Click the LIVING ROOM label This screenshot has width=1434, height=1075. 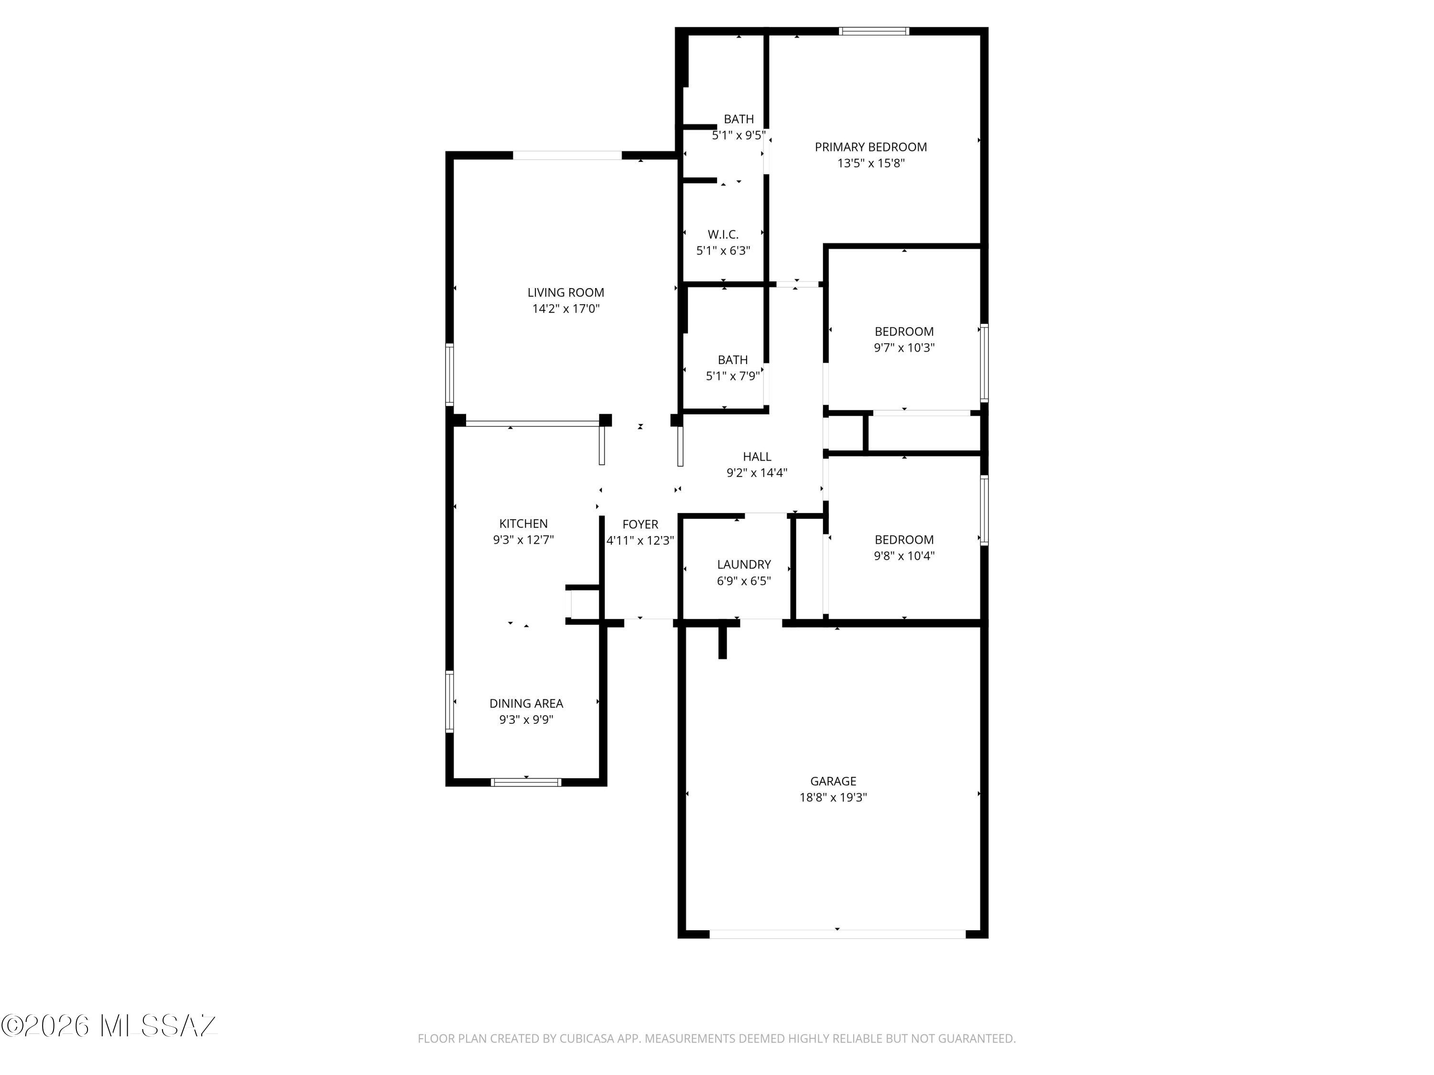point(565,293)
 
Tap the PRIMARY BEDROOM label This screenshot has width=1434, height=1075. point(870,147)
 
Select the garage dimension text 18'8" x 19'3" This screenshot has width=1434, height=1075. point(833,798)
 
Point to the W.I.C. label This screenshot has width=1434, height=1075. point(723,235)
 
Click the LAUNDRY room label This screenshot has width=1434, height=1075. point(744,564)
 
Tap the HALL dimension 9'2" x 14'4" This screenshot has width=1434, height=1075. point(757,473)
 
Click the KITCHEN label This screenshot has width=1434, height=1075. point(523,524)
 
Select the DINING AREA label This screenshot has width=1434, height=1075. point(526,704)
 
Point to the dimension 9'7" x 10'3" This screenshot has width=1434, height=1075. point(904,348)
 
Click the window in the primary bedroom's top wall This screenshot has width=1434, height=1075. point(874,31)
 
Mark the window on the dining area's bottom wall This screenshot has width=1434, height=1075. point(526,782)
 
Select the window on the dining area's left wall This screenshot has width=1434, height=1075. point(449,702)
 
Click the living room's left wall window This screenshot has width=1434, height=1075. point(449,375)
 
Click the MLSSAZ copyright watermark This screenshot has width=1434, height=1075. point(109,1026)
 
